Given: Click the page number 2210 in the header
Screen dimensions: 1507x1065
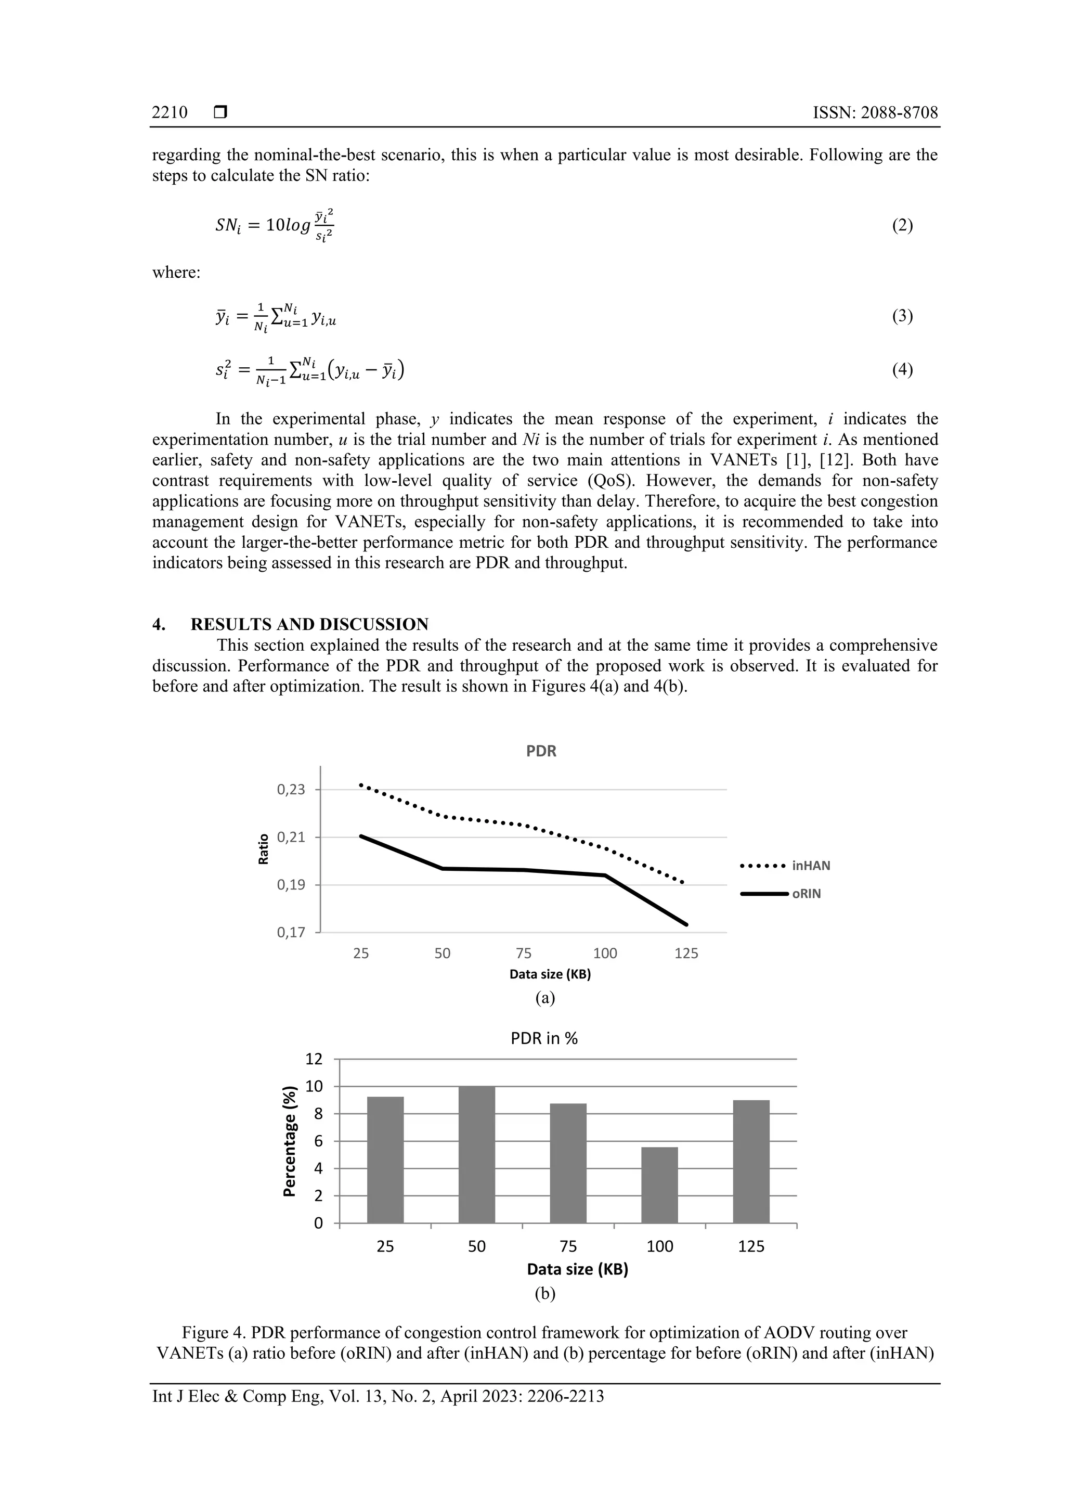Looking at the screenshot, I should coord(170,112).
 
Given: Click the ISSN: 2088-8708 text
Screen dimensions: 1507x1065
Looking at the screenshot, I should coord(875,112).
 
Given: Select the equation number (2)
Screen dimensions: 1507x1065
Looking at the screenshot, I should coord(902,226).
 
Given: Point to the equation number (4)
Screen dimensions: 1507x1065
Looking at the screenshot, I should coord(902,369).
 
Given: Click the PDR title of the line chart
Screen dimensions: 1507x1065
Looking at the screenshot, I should coord(541,751).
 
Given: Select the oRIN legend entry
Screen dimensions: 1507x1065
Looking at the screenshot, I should coord(806,894).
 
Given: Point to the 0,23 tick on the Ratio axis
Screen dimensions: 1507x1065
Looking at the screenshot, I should coord(291,790).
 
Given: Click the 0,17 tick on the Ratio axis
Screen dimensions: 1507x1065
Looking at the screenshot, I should coord(291,932).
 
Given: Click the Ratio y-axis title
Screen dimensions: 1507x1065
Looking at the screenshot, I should coord(264,848).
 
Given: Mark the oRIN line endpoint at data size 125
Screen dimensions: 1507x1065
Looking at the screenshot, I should coord(686,924).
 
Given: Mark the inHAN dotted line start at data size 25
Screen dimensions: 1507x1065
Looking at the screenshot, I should coord(361,784).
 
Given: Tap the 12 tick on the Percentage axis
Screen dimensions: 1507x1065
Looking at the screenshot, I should coord(314,1059).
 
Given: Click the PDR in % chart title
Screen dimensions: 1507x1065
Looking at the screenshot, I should coord(543,1038).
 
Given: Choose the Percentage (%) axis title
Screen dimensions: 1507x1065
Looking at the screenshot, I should coord(289,1141).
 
